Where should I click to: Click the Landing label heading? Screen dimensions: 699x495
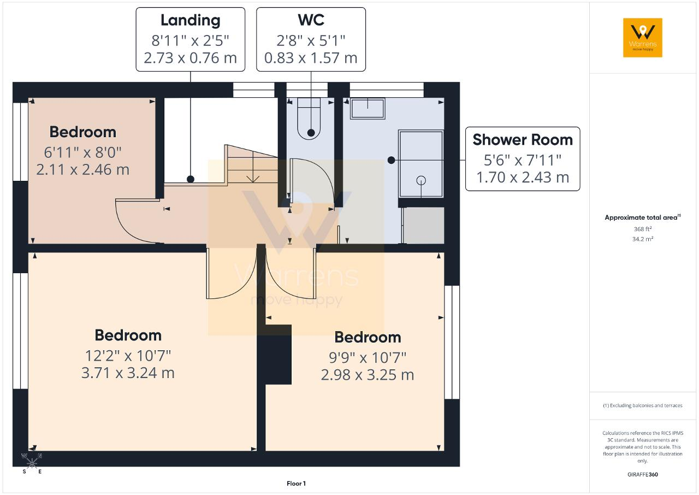click(191, 21)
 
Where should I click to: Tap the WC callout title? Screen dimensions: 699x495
click(311, 20)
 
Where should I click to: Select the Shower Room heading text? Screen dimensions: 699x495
click(523, 140)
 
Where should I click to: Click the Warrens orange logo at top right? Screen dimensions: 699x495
click(643, 38)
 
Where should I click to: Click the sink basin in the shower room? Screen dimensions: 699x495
click(368, 109)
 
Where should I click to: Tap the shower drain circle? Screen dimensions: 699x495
click(421, 180)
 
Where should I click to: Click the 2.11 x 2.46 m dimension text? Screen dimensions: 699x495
click(82, 170)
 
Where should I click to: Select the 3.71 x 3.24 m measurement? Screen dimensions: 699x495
click(128, 373)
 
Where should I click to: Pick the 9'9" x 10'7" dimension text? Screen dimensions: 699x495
click(368, 358)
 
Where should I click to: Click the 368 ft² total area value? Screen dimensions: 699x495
click(643, 229)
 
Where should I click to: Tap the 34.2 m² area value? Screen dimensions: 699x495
click(643, 239)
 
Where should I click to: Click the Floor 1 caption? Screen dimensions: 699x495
click(296, 484)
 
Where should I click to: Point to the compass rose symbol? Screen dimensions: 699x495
click(32, 463)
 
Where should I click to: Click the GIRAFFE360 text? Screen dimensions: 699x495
click(643, 474)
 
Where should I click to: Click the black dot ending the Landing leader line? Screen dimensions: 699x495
click(191, 179)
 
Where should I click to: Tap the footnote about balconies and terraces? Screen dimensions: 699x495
click(643, 405)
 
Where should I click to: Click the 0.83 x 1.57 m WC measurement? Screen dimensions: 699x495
click(311, 58)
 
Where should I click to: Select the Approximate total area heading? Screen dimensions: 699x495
click(643, 217)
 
